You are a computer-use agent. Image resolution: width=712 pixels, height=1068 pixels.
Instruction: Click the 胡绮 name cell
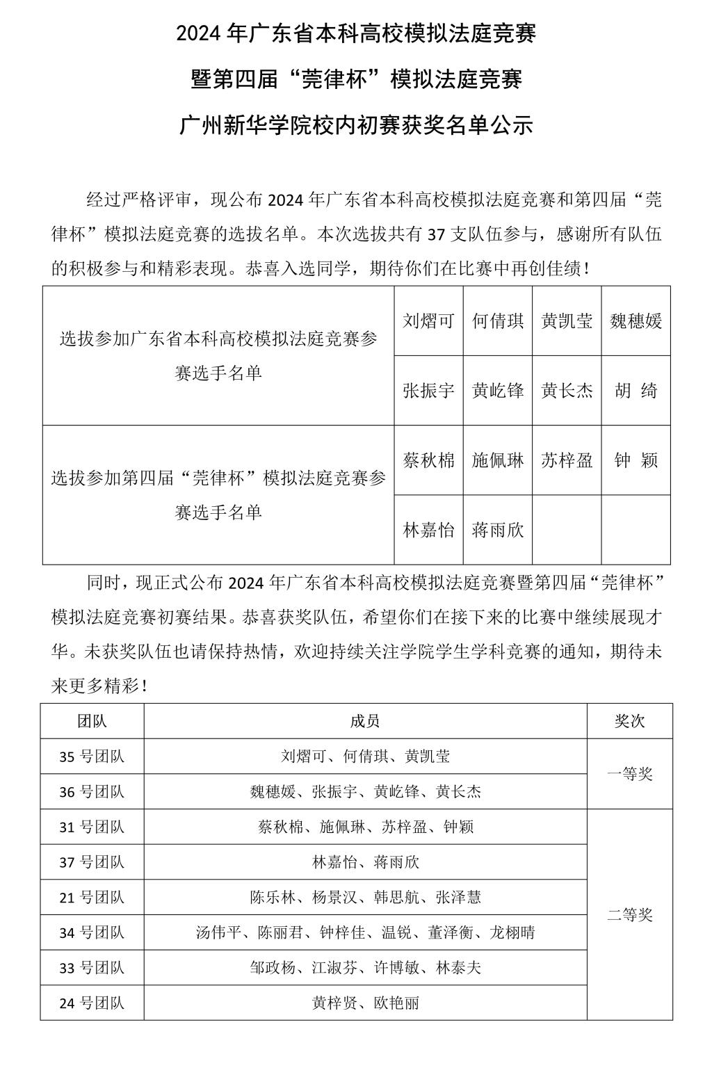pyautogui.click(x=636, y=391)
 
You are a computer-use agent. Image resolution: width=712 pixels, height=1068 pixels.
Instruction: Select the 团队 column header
pyautogui.click(x=92, y=721)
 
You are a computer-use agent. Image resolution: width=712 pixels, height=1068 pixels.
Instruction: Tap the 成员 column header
pyautogui.click(x=365, y=721)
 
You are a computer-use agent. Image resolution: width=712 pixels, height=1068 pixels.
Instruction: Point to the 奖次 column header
pyautogui.click(x=629, y=721)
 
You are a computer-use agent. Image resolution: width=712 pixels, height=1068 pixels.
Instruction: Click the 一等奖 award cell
pyautogui.click(x=629, y=774)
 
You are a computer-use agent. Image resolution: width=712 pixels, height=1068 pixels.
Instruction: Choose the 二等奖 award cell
pyautogui.click(x=629, y=915)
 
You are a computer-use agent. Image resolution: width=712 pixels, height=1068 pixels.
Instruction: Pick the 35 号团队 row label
pyautogui.click(x=92, y=756)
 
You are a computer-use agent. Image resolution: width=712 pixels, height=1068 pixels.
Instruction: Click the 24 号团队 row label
pyautogui.click(x=92, y=1003)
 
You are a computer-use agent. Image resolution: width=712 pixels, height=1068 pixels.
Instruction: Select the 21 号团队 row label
pyautogui.click(x=92, y=898)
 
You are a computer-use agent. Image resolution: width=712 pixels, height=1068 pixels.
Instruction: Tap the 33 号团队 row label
pyautogui.click(x=92, y=968)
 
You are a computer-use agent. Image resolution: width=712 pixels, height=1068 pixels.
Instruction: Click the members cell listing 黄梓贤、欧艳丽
pyautogui.click(x=365, y=1003)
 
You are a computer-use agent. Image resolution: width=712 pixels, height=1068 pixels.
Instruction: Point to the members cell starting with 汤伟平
pyautogui.click(x=365, y=932)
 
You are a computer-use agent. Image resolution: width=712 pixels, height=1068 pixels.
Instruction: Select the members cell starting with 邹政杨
pyautogui.click(x=365, y=968)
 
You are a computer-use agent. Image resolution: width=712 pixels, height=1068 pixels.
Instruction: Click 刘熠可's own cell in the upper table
pyautogui.click(x=428, y=321)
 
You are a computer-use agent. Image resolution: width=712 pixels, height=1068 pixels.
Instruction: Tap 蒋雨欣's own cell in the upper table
pyautogui.click(x=497, y=531)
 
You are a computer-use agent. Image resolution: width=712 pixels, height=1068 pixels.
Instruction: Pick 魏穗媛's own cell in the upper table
pyautogui.click(x=636, y=321)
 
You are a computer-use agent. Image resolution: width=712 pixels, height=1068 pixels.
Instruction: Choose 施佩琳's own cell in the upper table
pyautogui.click(x=497, y=460)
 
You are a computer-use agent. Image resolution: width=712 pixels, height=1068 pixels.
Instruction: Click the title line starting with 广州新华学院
pyautogui.click(x=356, y=125)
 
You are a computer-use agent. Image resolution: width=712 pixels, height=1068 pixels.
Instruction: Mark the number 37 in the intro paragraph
pyautogui.click(x=435, y=235)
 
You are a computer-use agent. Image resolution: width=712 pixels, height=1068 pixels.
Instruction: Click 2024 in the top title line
pyautogui.click(x=199, y=34)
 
